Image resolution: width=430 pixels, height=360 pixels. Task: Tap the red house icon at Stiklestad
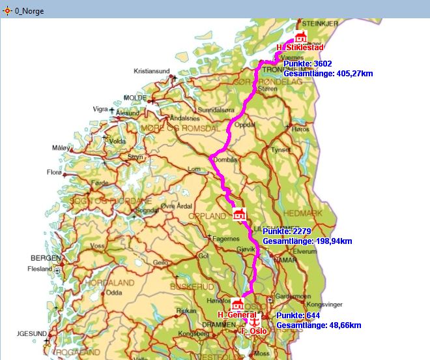[x=300, y=37]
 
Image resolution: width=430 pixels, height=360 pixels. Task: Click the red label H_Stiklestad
[x=300, y=48]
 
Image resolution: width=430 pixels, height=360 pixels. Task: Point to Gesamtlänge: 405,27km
[x=328, y=73]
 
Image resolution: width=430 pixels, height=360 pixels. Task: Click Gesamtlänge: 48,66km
[x=319, y=324]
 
